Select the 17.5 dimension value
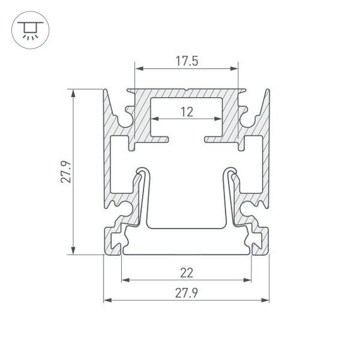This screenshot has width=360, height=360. point(186,61)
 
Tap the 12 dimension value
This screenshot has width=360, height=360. point(186,112)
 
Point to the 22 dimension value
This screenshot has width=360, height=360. point(186,273)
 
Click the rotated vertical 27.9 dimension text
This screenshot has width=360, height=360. point(65,172)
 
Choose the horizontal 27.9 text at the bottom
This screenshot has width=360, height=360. point(186,292)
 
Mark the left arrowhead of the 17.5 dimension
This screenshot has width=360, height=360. point(137,69)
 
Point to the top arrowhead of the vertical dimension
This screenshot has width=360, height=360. point(75,92)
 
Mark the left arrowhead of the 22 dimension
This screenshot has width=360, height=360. point(124,280)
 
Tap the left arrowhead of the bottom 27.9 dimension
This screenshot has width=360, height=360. point(107,299)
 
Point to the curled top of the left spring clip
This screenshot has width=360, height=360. point(142,171)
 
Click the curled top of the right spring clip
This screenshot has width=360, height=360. point(231,171)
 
